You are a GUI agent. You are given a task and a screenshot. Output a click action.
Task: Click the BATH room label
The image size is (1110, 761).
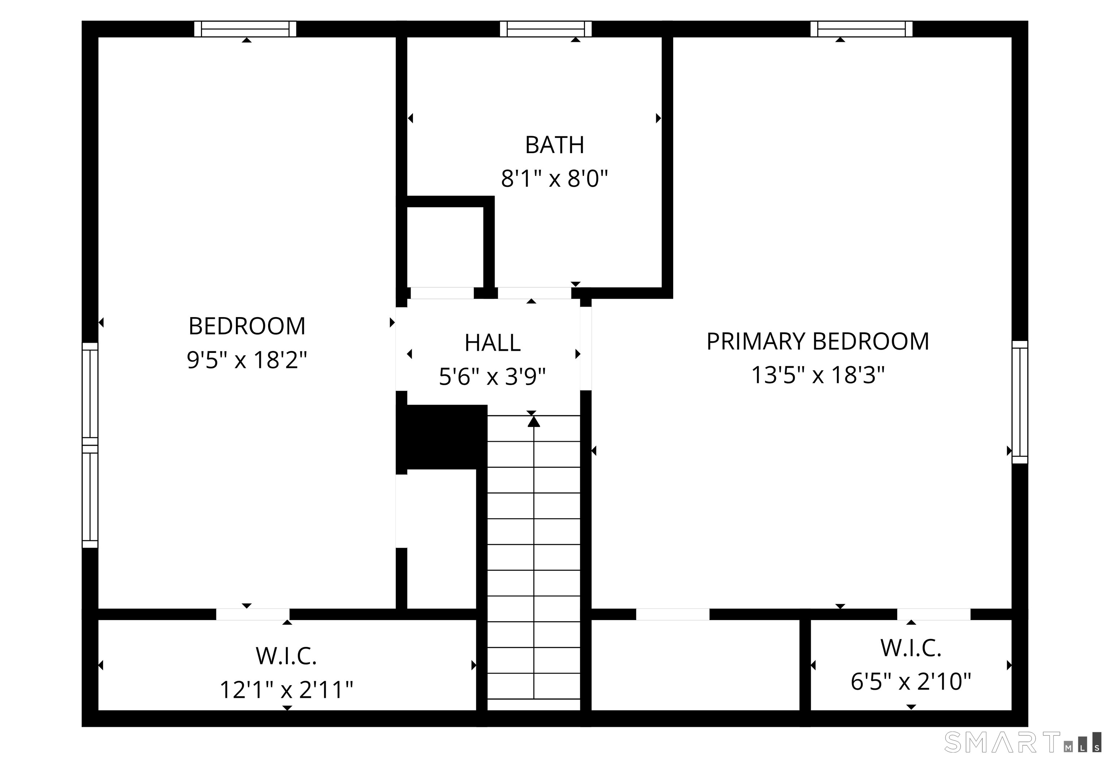(555, 145)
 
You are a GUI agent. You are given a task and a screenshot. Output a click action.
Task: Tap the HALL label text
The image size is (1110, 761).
(492, 343)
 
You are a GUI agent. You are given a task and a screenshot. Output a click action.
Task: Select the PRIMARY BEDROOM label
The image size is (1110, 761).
(818, 342)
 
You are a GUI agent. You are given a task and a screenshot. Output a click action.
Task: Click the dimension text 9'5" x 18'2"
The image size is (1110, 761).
(246, 360)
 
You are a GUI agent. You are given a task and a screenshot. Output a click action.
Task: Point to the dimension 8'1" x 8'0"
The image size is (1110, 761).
(555, 179)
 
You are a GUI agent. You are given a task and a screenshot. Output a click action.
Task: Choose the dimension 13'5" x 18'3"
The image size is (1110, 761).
(818, 375)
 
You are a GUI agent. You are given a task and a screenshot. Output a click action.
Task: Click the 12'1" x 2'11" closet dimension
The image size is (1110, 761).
(287, 690)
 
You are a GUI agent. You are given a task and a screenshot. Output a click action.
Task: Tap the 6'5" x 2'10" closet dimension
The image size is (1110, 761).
(911, 682)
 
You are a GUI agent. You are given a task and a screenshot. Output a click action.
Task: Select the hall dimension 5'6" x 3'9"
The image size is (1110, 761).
(492, 377)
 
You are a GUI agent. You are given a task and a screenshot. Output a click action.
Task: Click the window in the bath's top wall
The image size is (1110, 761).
(546, 29)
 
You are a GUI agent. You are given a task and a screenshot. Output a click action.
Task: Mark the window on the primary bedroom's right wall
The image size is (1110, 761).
(1020, 402)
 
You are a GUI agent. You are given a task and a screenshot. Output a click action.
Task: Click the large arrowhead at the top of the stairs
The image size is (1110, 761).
(534, 421)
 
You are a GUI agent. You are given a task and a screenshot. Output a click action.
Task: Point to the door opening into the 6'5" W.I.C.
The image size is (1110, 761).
(934, 614)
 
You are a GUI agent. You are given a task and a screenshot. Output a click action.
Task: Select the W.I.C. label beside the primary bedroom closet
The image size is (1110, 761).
(911, 648)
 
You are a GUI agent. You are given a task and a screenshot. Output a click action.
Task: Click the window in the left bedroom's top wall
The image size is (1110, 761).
(245, 29)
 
